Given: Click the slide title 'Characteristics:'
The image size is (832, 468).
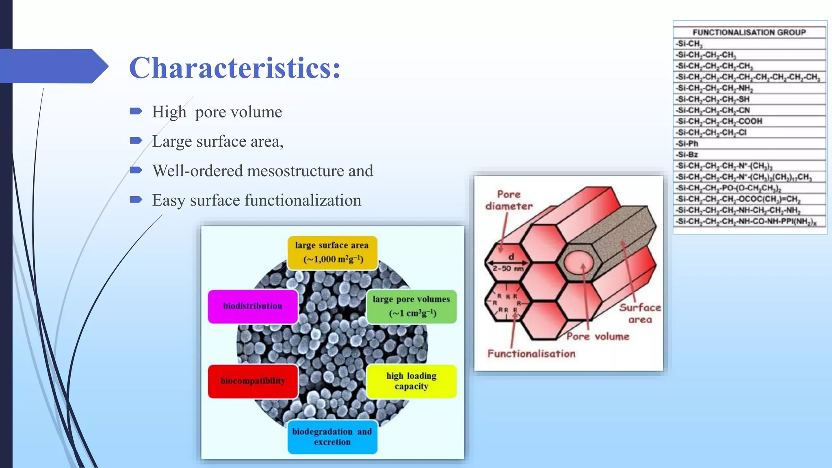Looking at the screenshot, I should click(234, 67).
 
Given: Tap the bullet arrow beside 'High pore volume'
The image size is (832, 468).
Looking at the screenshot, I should click(136, 111).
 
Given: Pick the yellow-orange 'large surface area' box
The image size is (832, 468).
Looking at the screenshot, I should click(332, 252).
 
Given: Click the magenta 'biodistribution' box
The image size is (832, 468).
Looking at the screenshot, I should click(253, 306).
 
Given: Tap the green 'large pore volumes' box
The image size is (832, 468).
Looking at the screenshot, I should click(411, 306).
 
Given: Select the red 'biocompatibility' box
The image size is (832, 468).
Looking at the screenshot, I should click(253, 381).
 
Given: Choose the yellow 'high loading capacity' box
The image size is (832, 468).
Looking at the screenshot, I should click(411, 381).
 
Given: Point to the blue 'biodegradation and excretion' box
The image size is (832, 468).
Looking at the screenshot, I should click(332, 437).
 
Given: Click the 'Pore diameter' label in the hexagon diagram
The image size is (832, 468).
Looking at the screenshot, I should click(509, 200).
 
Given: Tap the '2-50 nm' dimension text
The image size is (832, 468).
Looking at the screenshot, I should click(508, 269).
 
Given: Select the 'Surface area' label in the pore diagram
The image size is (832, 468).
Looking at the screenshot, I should click(640, 313).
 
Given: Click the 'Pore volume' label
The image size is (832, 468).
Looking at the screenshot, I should click(598, 336).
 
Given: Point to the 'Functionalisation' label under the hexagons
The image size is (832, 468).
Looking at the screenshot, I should click(531, 354).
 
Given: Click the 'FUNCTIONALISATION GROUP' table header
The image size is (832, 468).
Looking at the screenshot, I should click(749, 32).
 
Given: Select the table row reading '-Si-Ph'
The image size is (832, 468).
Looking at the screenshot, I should click(688, 143).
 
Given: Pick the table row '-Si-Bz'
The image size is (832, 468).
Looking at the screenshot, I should click(688, 154).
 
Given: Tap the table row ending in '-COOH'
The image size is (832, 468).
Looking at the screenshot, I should click(719, 121).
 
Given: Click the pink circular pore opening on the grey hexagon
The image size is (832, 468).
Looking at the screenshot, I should click(578, 262).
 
